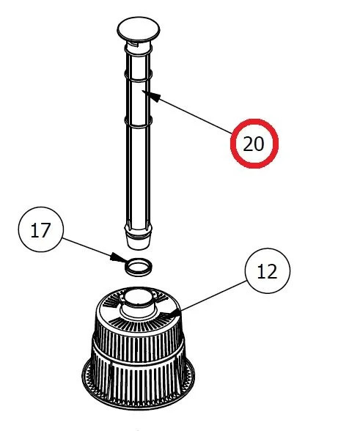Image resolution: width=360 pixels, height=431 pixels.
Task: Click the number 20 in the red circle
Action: (x=253, y=144)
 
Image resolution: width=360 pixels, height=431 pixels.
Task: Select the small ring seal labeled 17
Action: (x=137, y=266)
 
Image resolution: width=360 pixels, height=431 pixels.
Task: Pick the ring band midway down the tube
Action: (x=138, y=119)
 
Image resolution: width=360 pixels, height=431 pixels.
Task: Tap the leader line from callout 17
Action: (x=88, y=247)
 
